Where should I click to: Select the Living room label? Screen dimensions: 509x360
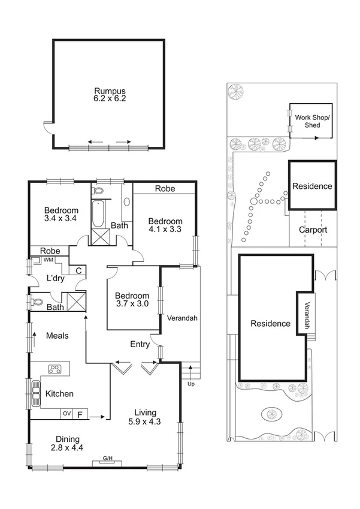click(145, 412)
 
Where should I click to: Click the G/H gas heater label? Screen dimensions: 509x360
click(108, 459)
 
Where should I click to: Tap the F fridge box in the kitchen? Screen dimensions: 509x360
click(79, 413)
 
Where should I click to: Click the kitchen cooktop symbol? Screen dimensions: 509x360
click(55, 369)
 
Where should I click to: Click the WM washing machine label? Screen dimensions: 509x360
click(48, 260)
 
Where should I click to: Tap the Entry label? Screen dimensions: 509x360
click(140, 344)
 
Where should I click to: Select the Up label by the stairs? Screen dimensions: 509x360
click(191, 384)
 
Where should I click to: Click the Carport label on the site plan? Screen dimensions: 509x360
click(313, 230)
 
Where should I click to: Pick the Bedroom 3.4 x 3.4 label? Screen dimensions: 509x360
click(62, 215)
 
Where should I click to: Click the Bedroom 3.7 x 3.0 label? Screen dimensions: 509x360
click(132, 300)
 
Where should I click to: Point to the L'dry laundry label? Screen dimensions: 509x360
click(56, 279)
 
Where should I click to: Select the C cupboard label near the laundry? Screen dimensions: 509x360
click(78, 270)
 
